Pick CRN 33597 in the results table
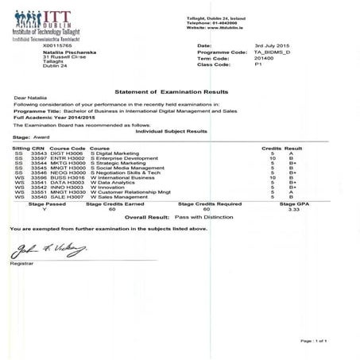pyautogui.click(x=39, y=158)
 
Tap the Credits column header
pyautogui.click(x=271, y=148)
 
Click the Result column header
pyautogui.click(x=293, y=148)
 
